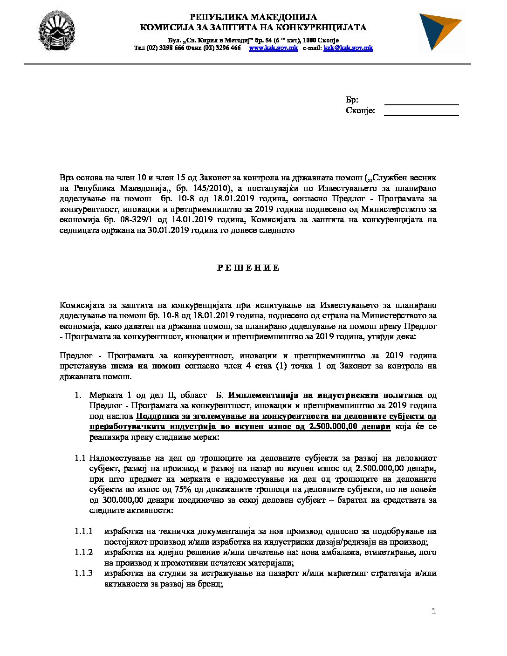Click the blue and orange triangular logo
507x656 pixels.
click(439, 32)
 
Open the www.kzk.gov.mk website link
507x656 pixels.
click(273, 48)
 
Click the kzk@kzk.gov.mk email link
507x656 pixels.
click(348, 48)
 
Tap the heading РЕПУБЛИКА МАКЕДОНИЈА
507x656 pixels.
click(253, 18)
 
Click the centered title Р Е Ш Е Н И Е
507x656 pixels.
click(248, 268)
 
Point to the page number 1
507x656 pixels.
click(433, 612)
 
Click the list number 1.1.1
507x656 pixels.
click(83, 531)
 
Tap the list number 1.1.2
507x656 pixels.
click(83, 552)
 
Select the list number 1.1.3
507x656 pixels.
click(83, 573)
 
